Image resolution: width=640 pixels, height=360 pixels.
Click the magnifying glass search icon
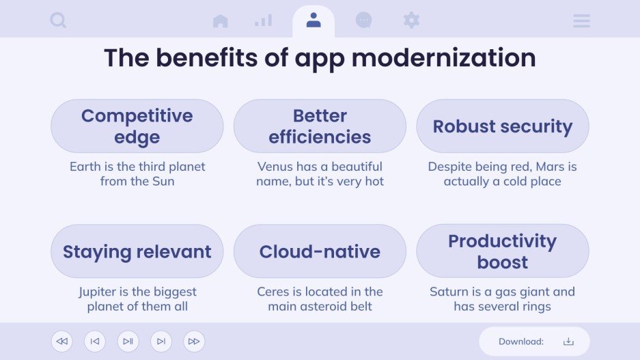coord(58,20)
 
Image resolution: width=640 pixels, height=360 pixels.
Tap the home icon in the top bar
coord(220,21)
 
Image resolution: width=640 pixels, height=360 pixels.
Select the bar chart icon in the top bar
coord(263,20)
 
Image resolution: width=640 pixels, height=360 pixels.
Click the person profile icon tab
coord(314,20)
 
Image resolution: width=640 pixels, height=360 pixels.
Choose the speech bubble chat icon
coord(363,20)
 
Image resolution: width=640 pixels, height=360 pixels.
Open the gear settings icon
coord(411,20)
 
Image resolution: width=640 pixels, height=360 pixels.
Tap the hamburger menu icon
coord(581,21)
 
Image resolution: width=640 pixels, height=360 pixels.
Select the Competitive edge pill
coord(137,126)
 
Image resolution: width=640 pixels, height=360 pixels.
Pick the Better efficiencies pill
coord(320,126)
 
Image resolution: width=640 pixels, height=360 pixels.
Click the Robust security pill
coord(503,126)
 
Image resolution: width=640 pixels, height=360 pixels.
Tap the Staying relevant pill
coord(137,251)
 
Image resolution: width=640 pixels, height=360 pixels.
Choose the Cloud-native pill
coord(320,251)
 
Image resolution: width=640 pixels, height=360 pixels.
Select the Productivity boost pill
coord(503,251)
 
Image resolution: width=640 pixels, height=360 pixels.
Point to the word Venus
coord(276,167)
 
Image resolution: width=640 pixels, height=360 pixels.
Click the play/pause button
coord(128,342)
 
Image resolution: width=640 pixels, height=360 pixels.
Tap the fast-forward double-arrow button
coord(194,342)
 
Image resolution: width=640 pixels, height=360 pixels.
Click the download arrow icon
coord(568,342)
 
